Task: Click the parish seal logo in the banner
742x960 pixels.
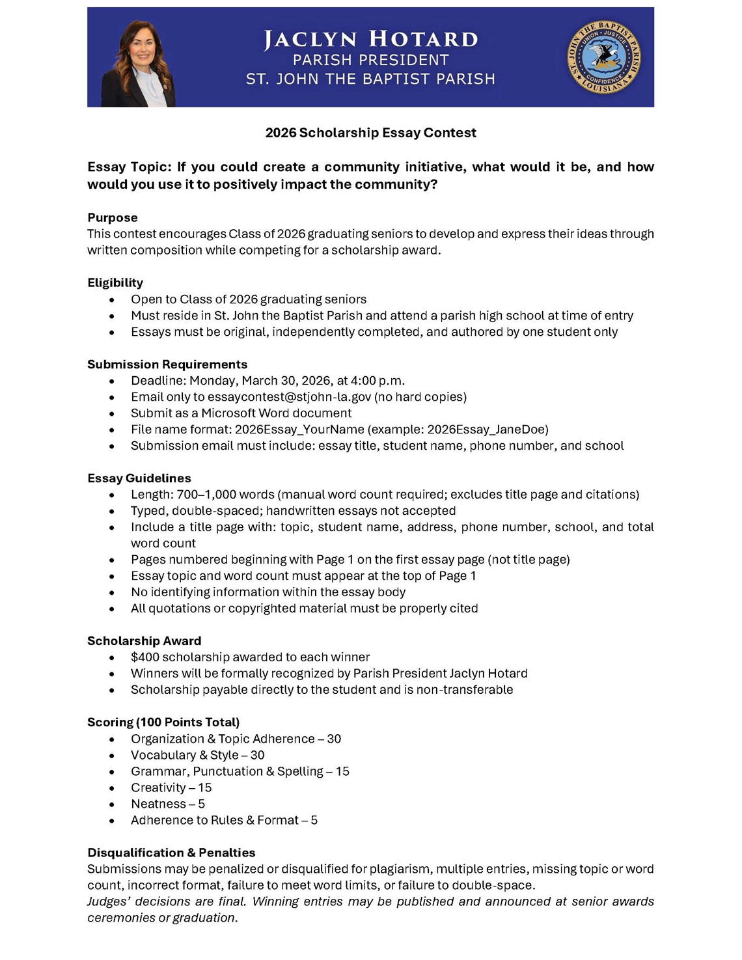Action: [x=604, y=57]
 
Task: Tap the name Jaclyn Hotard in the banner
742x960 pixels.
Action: [x=370, y=39]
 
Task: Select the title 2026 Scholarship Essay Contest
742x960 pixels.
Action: [x=370, y=133]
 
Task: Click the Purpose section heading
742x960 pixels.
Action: [x=113, y=217]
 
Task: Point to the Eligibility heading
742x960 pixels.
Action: [x=115, y=282]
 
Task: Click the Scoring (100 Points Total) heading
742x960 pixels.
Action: [x=163, y=722]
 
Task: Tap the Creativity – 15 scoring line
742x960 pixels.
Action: [x=171, y=788]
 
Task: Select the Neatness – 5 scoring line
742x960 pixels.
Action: [x=168, y=804]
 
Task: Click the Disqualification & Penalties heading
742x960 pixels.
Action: [x=171, y=853]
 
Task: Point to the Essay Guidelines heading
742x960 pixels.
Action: [x=139, y=478]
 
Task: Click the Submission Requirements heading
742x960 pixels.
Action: [x=167, y=364]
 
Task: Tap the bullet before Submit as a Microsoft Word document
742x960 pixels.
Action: [x=112, y=414]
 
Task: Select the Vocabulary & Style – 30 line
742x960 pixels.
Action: [x=197, y=755]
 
